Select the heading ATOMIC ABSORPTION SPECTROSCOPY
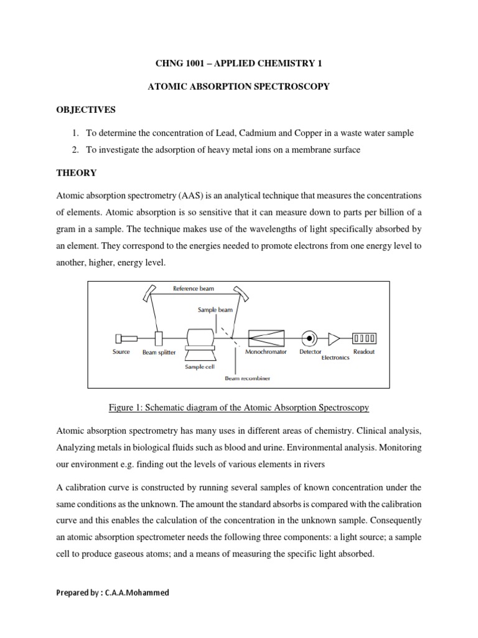(x=238, y=87)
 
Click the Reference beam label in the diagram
(x=194, y=288)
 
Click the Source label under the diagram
(x=121, y=352)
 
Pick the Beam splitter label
(x=159, y=353)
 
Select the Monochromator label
(x=267, y=352)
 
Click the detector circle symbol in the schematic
(x=308, y=338)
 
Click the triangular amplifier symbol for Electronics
(x=334, y=338)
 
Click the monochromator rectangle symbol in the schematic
(x=266, y=338)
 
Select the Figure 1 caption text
(x=238, y=407)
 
